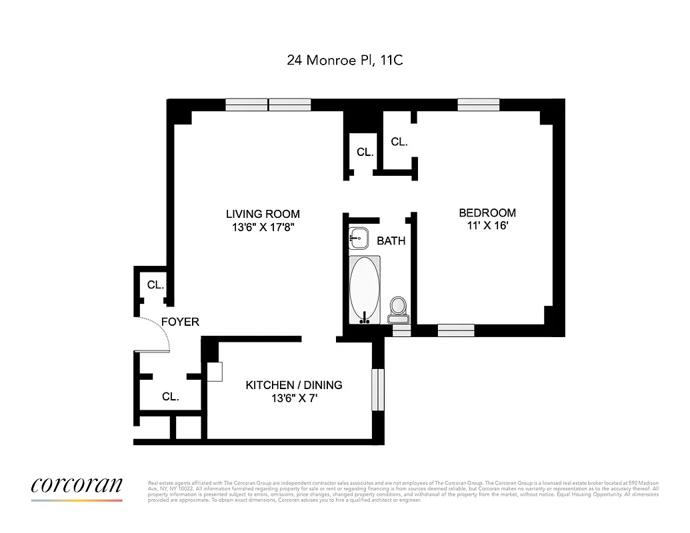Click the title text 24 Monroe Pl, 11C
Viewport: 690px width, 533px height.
click(345, 60)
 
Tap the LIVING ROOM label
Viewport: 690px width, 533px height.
click(263, 214)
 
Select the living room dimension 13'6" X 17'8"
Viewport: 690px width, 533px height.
click(263, 227)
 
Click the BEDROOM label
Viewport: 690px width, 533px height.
click(487, 213)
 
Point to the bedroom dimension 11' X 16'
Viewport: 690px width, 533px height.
click(487, 226)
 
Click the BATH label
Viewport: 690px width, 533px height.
click(391, 241)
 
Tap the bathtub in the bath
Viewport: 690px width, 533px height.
click(365, 290)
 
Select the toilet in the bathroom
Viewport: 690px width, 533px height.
click(398, 307)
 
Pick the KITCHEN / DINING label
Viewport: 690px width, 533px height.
click(293, 384)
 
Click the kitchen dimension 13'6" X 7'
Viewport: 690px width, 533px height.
click(293, 398)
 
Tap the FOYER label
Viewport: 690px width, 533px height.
click(180, 322)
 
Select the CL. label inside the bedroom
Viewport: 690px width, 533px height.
click(399, 141)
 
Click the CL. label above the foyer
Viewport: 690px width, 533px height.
click(155, 284)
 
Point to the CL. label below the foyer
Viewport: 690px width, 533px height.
click(170, 396)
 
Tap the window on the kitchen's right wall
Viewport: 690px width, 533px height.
click(378, 389)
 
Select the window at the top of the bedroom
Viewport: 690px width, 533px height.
click(478, 104)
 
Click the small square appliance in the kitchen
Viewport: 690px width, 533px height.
click(214, 372)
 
